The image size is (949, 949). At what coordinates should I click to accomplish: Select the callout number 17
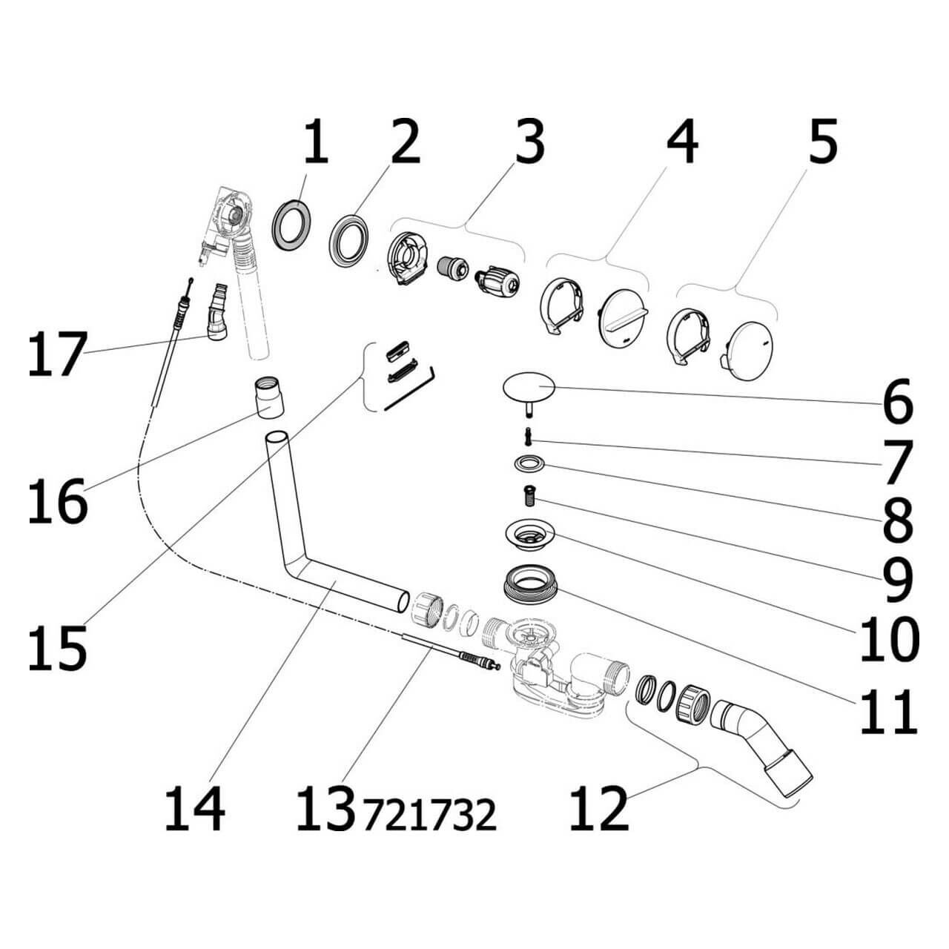click(56, 354)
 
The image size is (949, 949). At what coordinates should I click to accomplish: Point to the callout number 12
click(598, 808)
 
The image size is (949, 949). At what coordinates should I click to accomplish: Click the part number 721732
click(429, 816)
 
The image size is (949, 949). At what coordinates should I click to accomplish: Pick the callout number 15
click(57, 647)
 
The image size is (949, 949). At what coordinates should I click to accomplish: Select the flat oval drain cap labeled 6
click(529, 388)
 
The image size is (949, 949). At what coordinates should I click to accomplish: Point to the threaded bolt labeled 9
click(530, 493)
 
